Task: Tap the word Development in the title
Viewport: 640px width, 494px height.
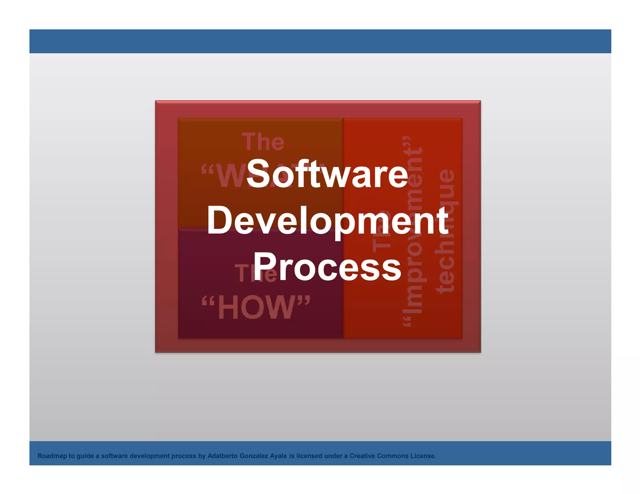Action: [x=328, y=221]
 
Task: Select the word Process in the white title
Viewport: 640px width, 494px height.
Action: [x=327, y=267]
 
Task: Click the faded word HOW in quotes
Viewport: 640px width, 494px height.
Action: [x=256, y=308]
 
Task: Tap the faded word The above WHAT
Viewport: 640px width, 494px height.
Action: [x=263, y=142]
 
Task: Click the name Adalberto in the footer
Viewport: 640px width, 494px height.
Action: [x=222, y=456]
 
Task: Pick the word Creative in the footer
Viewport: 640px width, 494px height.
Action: [x=362, y=456]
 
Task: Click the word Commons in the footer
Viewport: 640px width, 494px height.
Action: [x=392, y=456]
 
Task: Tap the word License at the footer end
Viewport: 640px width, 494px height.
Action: [x=423, y=456]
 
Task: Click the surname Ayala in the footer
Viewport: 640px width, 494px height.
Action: [x=278, y=456]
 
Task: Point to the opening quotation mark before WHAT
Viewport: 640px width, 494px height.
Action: [x=207, y=170]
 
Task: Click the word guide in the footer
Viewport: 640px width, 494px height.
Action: [x=85, y=456]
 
